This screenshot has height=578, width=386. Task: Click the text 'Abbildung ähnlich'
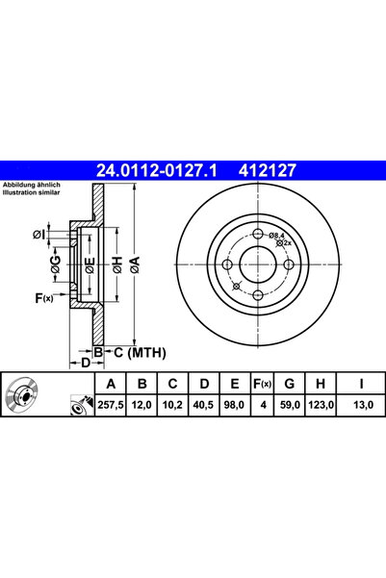[31, 184]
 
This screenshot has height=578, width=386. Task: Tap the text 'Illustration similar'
[32, 192]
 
